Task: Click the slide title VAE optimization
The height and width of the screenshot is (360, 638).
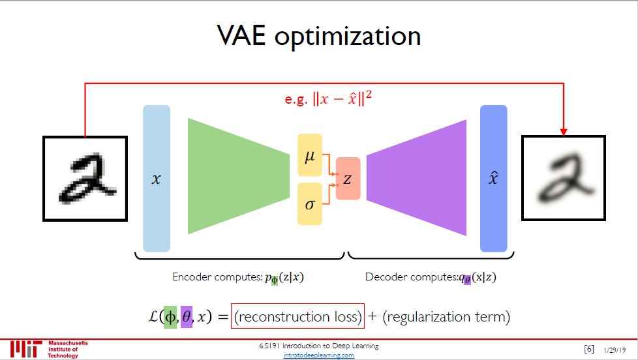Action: [319, 36]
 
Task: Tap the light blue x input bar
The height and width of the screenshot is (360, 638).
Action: [157, 178]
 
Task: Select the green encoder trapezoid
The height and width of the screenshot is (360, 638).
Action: [238, 176]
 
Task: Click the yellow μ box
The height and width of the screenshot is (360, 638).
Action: [310, 155]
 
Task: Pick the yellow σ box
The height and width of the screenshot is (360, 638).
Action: [310, 203]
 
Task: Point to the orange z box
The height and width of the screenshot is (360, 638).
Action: [348, 179]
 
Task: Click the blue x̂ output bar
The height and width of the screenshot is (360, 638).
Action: [493, 178]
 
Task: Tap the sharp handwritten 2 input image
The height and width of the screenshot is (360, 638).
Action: [85, 178]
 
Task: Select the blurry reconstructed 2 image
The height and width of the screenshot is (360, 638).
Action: [564, 178]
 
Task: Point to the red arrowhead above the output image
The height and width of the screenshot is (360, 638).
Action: [564, 132]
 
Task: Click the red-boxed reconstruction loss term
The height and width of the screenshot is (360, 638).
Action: [297, 317]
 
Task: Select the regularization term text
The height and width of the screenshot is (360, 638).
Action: [446, 317]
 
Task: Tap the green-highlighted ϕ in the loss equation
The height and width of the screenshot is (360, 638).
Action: [170, 317]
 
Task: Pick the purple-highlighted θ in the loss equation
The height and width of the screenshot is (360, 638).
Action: [187, 317]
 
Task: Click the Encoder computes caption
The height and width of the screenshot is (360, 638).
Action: [238, 277]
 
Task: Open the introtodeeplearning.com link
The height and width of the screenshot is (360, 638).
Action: [319, 355]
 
